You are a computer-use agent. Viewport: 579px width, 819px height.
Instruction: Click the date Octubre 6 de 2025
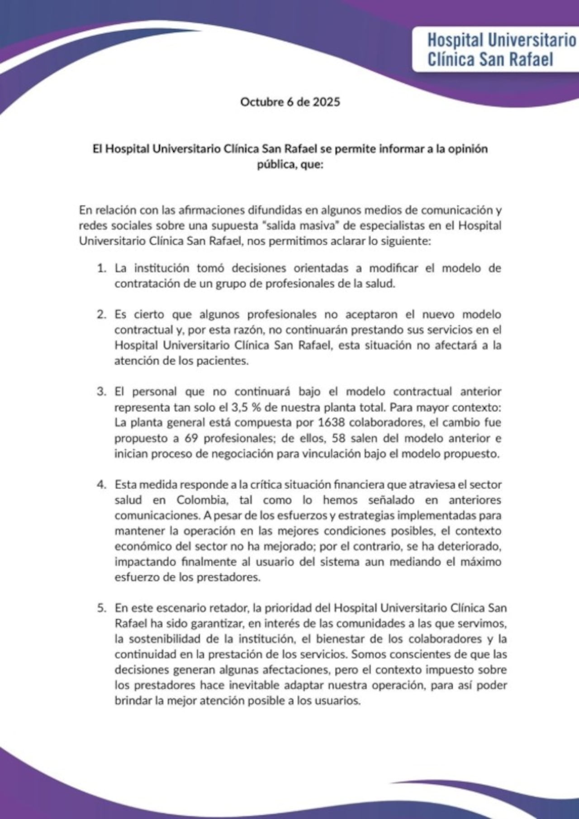289,102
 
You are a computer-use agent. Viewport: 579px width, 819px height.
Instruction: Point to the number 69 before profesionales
192,438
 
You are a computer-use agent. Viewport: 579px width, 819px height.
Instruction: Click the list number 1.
102,268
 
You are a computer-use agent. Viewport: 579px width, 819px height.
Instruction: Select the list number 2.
102,314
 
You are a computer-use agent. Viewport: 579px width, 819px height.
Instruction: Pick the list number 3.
102,392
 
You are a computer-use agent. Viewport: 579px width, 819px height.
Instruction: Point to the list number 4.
102,485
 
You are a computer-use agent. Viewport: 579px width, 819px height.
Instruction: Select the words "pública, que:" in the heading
289,165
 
